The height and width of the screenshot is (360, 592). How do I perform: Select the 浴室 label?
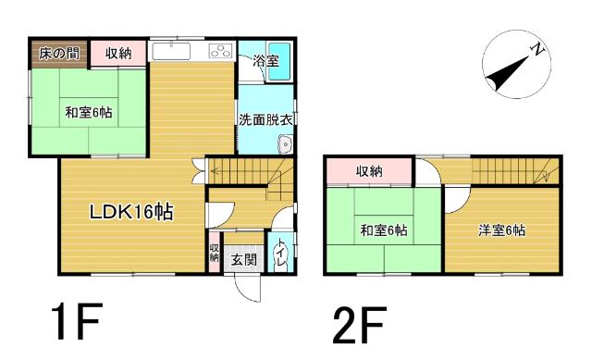266,60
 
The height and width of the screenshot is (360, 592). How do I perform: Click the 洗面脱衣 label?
266,119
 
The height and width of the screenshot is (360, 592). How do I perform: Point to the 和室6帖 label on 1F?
89,114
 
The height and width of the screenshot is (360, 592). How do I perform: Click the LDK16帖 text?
130,212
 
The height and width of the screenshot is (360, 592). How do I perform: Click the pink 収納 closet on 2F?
369,172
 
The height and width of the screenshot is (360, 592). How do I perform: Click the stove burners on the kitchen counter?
221,52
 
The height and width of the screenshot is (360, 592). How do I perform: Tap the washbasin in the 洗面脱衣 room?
285,144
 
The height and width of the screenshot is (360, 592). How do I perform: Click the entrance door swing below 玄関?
245,287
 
